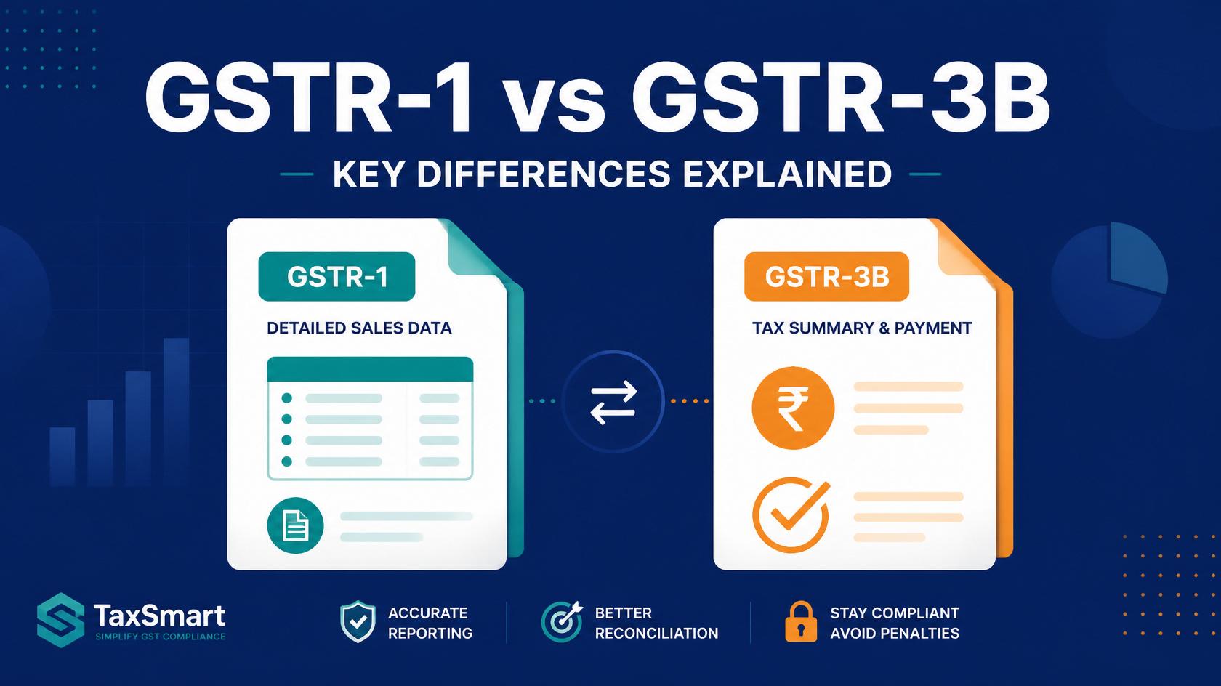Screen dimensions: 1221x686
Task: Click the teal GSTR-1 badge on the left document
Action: click(337, 276)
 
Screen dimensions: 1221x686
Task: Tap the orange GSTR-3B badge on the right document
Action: click(826, 276)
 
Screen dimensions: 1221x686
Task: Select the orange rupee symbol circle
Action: click(793, 408)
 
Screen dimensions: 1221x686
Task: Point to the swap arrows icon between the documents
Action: click(613, 402)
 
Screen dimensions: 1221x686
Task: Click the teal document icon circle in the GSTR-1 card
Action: click(295, 526)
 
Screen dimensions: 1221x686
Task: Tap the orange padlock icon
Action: click(801, 621)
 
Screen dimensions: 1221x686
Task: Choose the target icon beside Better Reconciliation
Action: click(561, 622)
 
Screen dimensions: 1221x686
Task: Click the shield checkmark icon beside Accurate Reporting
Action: click(358, 622)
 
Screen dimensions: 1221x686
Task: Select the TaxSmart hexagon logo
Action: click(60, 620)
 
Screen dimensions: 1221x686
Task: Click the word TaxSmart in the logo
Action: click(159, 616)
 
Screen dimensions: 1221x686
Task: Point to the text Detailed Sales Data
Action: click(359, 328)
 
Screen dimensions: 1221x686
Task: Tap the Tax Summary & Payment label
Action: click(862, 328)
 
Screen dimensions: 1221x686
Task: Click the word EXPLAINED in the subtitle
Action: click(787, 174)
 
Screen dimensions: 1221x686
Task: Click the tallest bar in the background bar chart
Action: click(176, 412)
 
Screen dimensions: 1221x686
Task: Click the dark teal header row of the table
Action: click(370, 369)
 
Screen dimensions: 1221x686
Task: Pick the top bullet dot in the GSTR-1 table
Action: click(286, 398)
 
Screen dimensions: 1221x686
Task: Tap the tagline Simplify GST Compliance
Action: click(160, 637)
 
